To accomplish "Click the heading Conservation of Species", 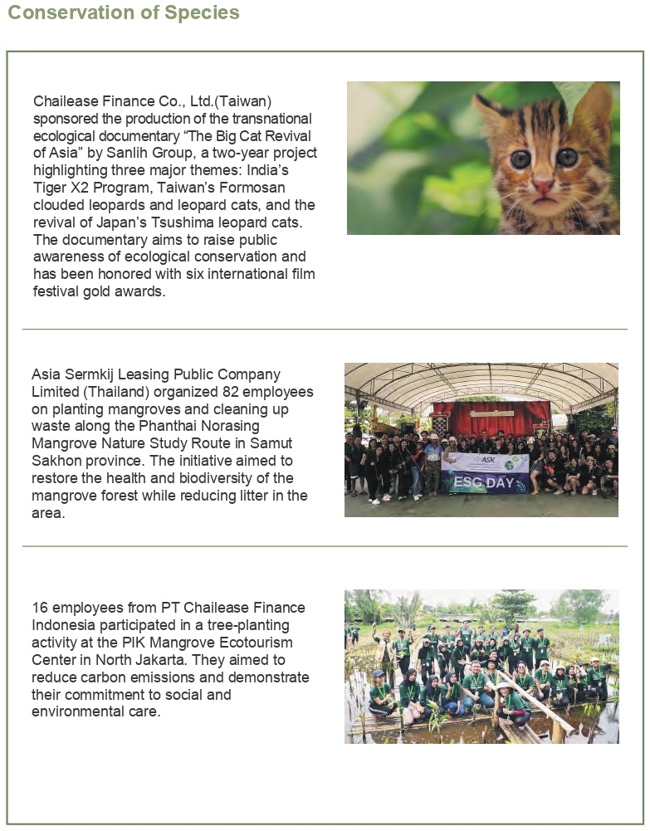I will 124,13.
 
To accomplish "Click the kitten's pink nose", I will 544,184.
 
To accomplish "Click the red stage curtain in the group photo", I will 491,417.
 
